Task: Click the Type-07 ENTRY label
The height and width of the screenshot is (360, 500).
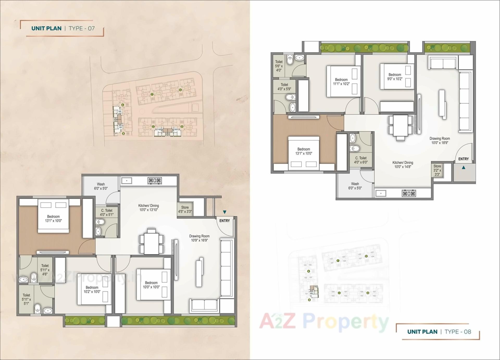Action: point(224,221)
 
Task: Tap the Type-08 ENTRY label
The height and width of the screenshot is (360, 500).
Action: point(463,159)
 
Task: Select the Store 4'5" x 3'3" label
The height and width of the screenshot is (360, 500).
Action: point(185,210)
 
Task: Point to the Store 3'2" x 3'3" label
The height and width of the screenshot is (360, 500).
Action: point(437,170)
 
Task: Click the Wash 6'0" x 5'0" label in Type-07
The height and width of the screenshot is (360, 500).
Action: point(101,186)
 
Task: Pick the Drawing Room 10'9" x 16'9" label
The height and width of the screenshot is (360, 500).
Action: point(199,238)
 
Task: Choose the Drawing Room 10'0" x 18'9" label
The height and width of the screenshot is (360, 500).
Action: point(440,141)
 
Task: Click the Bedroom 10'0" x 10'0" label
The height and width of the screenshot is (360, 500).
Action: point(151,285)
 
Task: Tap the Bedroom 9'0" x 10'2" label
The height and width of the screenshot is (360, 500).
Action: point(395,77)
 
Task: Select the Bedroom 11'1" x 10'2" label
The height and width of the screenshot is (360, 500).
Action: point(341,82)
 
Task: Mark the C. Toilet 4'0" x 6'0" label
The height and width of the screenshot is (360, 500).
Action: point(361,160)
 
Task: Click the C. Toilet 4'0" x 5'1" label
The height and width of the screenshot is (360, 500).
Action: point(107,212)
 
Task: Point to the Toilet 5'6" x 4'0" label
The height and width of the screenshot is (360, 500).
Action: point(279,66)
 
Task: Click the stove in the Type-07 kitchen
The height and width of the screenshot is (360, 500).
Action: point(155,180)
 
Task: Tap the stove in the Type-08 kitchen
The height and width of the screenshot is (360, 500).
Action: point(409,193)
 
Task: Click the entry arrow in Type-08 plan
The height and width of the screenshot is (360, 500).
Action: point(464,168)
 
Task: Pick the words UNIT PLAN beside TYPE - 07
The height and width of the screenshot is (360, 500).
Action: point(46,28)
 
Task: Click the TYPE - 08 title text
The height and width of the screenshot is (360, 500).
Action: point(458,332)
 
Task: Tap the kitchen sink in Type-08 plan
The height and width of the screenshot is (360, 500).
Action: point(381,193)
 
